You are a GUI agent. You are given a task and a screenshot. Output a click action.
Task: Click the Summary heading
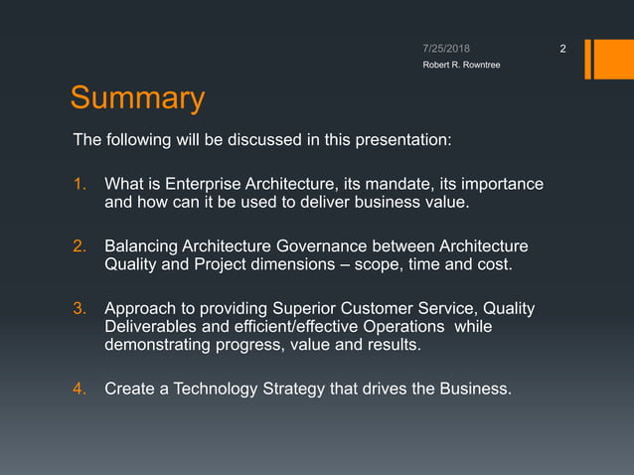pyautogui.click(x=137, y=98)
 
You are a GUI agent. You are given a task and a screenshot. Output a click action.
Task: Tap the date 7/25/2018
pyautogui.click(x=446, y=48)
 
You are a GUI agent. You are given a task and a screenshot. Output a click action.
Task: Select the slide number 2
pyautogui.click(x=562, y=49)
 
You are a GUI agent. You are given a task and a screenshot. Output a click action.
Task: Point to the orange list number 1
pyautogui.click(x=80, y=185)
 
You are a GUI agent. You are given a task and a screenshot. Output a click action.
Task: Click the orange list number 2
pyautogui.click(x=80, y=246)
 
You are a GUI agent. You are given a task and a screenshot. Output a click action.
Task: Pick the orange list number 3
pyautogui.click(x=80, y=309)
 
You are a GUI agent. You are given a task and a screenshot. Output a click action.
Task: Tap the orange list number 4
pyautogui.click(x=80, y=389)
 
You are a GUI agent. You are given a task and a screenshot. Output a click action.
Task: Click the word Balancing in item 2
pyautogui.click(x=141, y=246)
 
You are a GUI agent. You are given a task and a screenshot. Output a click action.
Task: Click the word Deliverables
pyautogui.click(x=150, y=327)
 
